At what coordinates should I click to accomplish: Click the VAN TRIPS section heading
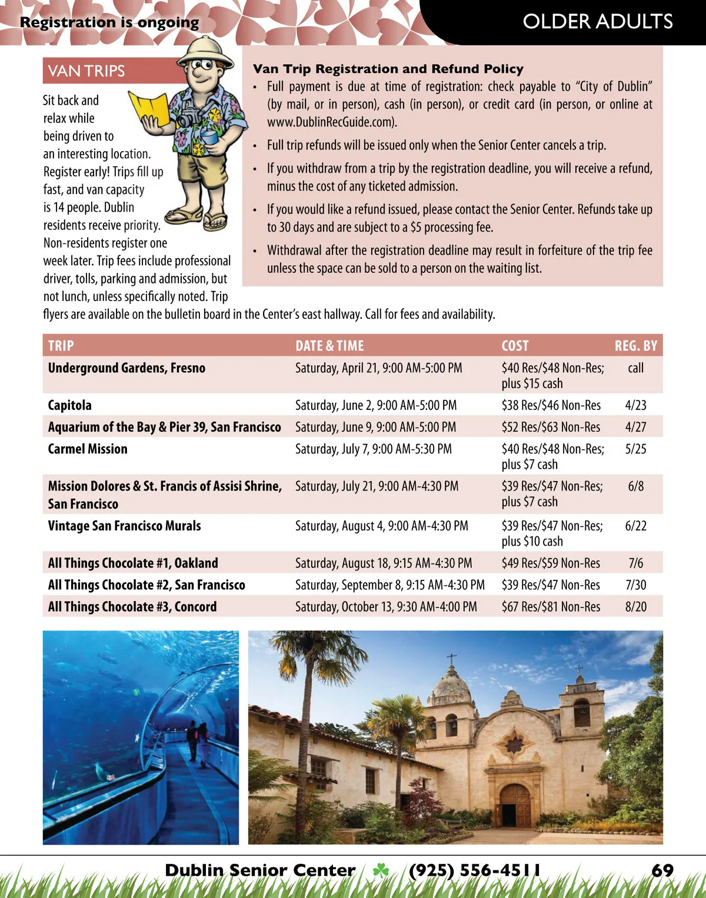click(x=86, y=71)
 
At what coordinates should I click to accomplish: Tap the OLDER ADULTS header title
click(x=597, y=22)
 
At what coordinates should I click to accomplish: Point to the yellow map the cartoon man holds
click(x=149, y=108)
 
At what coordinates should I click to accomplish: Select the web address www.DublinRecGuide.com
click(x=331, y=122)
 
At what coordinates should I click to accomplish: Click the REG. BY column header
click(x=635, y=346)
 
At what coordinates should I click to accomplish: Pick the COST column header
click(x=515, y=346)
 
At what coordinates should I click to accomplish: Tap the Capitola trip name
click(x=69, y=405)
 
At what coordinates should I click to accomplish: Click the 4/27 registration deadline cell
click(x=635, y=427)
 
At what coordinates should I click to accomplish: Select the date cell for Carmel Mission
click(x=374, y=449)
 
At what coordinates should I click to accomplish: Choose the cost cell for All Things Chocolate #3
click(x=551, y=607)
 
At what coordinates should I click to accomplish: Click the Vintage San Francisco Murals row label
click(x=124, y=526)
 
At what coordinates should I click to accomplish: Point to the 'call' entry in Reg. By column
click(x=635, y=368)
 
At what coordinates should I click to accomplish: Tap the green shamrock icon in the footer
click(x=381, y=870)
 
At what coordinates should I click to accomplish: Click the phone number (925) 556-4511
click(x=474, y=870)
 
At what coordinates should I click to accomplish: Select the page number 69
click(x=662, y=870)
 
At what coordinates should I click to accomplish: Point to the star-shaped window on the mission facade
click(x=515, y=743)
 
